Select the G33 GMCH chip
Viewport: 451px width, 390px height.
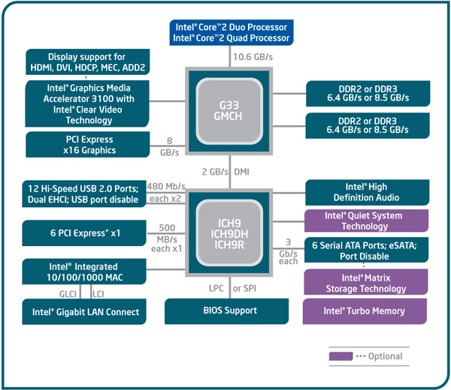228,108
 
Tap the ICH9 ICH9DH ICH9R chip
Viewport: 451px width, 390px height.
228,233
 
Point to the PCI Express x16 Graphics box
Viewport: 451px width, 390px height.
86,145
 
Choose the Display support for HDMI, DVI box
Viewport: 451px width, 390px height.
86,62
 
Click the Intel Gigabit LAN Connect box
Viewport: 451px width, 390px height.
86,311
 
